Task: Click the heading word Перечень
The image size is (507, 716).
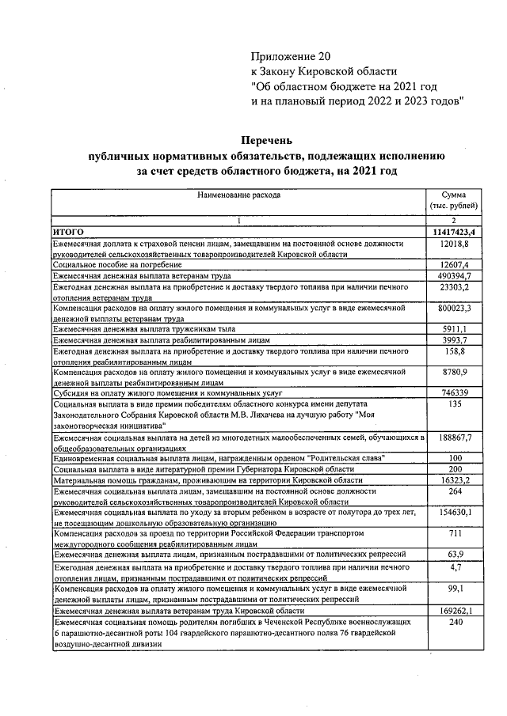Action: click(266, 140)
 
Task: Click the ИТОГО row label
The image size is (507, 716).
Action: click(68, 232)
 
